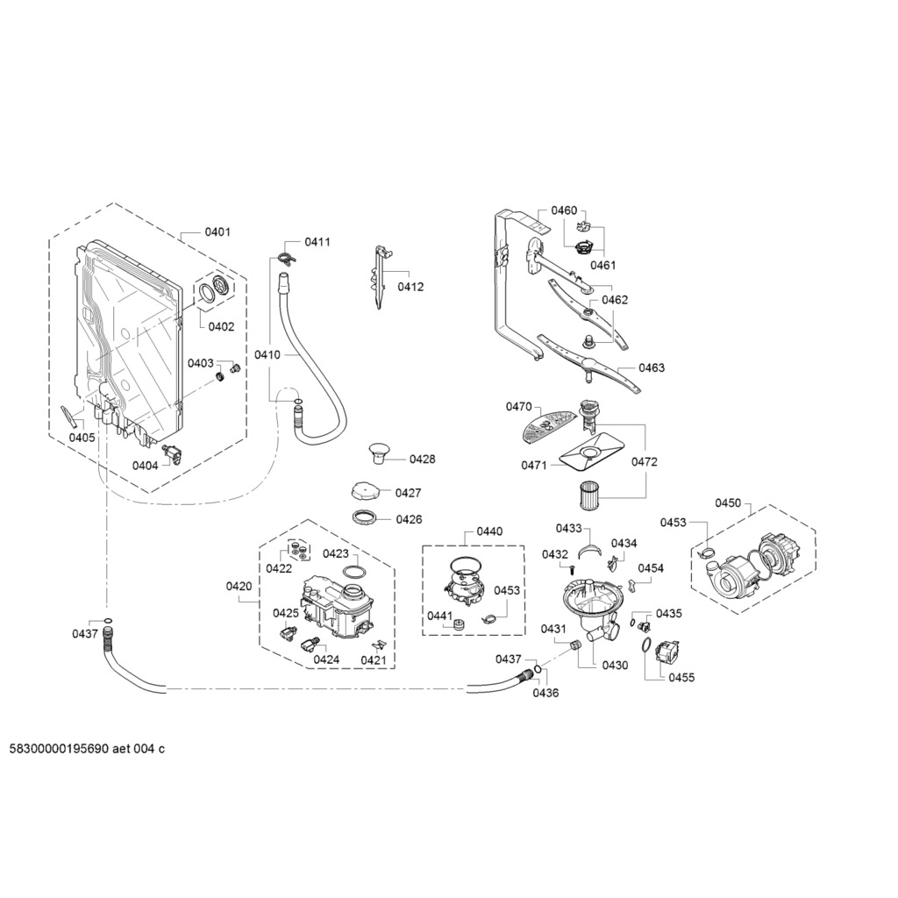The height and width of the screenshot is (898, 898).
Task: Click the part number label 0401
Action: (x=217, y=232)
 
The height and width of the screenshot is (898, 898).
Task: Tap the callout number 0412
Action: (x=410, y=287)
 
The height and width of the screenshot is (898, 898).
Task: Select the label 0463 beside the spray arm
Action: (x=652, y=367)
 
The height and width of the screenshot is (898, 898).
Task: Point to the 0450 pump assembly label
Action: (x=728, y=502)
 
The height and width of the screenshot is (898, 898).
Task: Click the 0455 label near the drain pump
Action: (x=681, y=678)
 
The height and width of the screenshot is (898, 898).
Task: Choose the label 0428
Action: (x=422, y=460)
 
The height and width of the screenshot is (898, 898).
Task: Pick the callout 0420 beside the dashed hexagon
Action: (x=239, y=586)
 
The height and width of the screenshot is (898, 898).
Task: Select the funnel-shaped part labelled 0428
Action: (x=377, y=452)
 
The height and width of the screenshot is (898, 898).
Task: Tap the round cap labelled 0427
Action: (x=365, y=491)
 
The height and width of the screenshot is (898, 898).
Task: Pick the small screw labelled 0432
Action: (x=572, y=569)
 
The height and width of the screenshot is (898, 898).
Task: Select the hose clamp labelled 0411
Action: (x=288, y=259)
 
